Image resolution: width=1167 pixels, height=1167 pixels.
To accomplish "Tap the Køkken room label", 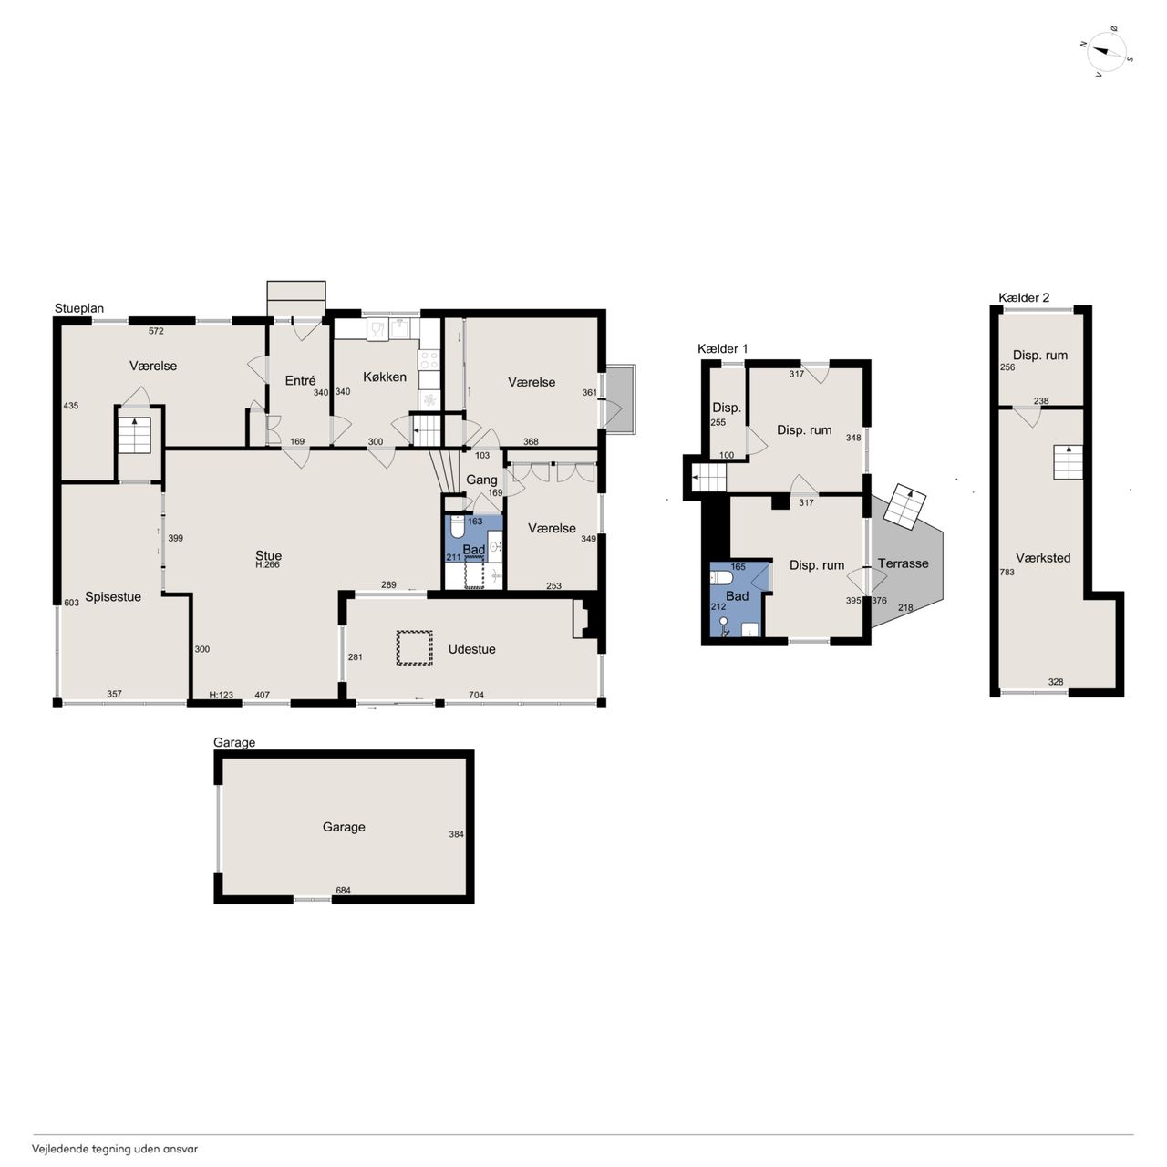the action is coord(385,377).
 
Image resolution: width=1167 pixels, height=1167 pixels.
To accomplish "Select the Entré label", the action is coord(300,380).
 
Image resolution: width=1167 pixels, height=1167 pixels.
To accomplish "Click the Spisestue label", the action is coord(113,596).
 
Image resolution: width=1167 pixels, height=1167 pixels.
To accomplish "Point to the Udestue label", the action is coord(471,649).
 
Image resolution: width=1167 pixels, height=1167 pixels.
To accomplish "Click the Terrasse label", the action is coord(903,563).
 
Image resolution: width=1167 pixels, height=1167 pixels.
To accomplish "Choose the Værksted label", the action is coord(1043,558).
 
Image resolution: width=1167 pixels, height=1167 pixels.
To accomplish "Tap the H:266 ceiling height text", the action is coord(267,565).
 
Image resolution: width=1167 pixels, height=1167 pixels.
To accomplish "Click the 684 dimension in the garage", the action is coord(344,890).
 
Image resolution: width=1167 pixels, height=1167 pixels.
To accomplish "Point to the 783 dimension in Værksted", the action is coord(1007,572).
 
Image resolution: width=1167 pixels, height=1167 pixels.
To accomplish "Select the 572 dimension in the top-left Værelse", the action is coord(156,331).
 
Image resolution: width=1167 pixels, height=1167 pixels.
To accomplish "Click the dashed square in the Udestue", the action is coord(414,648).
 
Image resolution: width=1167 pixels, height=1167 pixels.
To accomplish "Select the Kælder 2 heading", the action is coord(1024,297).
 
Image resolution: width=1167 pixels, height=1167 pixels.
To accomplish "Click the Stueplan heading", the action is coord(79,308).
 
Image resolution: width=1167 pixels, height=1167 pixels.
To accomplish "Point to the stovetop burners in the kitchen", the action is coord(429,360).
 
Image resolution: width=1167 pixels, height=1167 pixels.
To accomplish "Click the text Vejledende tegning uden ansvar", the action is coord(115,1148).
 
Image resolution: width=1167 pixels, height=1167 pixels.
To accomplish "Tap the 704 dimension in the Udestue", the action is coord(476,696).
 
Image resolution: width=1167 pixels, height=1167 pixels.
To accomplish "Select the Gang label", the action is coord(481,480).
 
